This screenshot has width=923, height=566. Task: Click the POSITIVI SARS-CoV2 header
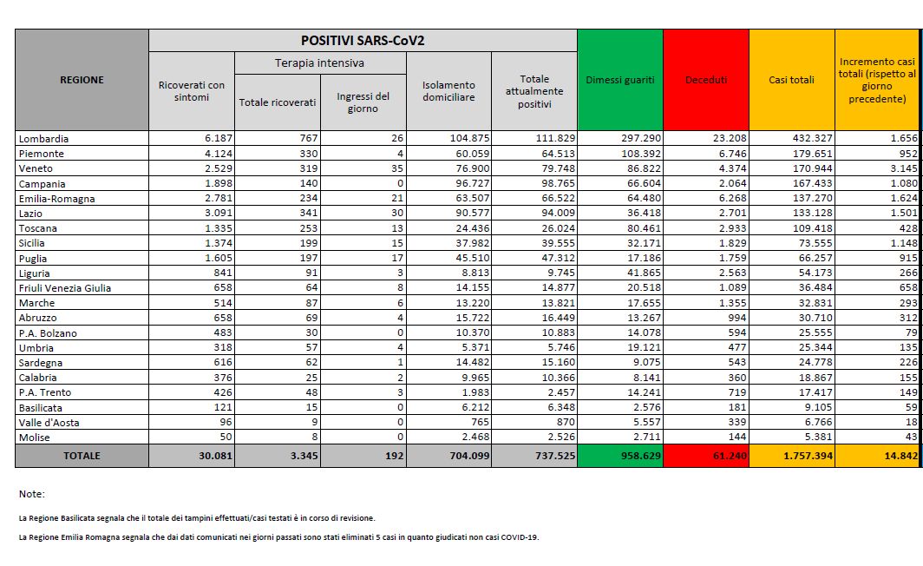pyautogui.click(x=363, y=41)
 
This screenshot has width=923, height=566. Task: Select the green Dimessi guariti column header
pyautogui.click(x=619, y=80)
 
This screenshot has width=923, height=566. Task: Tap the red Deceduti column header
pyautogui.click(x=705, y=80)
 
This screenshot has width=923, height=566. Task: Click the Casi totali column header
pyautogui.click(x=791, y=80)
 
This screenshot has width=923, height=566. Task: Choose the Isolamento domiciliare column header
pyautogui.click(x=448, y=91)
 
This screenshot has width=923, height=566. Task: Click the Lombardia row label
pyautogui.click(x=43, y=139)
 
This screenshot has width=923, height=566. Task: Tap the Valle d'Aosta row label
pyautogui.click(x=48, y=423)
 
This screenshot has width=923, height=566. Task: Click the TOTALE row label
pyautogui.click(x=81, y=456)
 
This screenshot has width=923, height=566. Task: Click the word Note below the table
pyautogui.click(x=31, y=494)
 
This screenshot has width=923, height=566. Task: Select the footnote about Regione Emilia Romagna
pyautogui.click(x=278, y=537)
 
